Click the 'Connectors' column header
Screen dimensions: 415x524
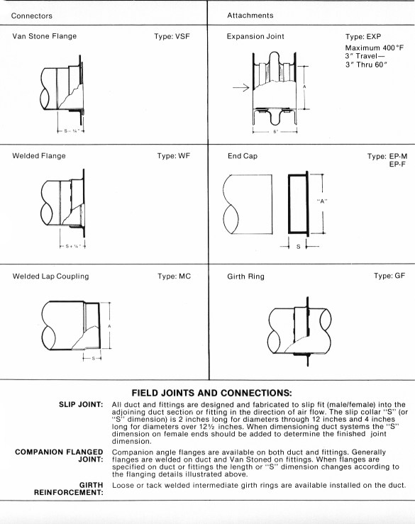click(32, 16)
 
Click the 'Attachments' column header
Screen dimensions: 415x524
click(250, 16)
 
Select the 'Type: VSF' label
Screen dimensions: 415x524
click(172, 36)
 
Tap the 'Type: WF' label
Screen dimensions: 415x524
click(174, 156)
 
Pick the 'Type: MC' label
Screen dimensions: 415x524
click(175, 276)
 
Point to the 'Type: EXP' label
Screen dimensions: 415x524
click(363, 36)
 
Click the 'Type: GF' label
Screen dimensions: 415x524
click(389, 276)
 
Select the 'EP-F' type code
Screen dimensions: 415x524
click(397, 164)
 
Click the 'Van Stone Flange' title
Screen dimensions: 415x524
click(45, 36)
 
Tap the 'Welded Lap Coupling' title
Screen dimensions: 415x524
click(51, 277)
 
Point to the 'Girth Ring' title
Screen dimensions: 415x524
click(245, 277)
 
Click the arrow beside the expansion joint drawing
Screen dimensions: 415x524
click(241, 87)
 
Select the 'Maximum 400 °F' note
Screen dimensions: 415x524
click(375, 48)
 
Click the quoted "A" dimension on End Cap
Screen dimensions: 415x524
click(322, 201)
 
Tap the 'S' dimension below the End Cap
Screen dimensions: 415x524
click(298, 247)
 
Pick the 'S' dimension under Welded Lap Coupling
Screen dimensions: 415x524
click(94, 358)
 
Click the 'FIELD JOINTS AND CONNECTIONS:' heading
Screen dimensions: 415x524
click(211, 393)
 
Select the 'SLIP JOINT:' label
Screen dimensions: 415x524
click(81, 404)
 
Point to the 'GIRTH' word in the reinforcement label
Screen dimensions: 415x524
click(91, 485)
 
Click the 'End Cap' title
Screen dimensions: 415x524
click(243, 156)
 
